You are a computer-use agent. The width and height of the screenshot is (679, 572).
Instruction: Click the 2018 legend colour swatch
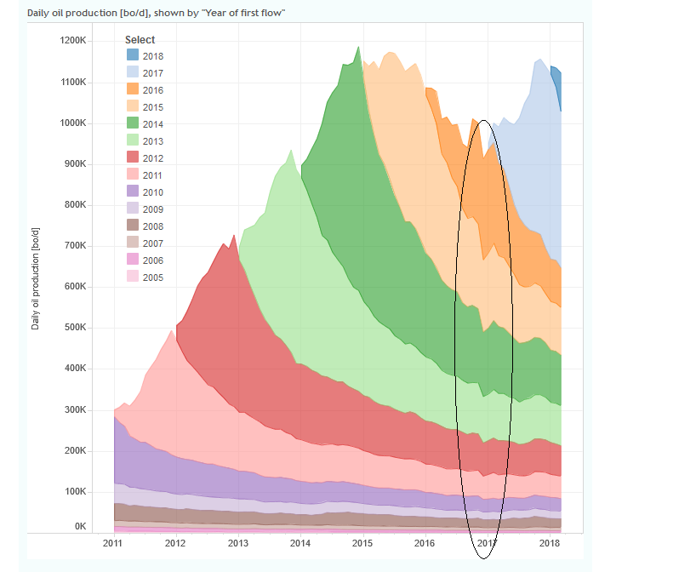pyautogui.click(x=133, y=56)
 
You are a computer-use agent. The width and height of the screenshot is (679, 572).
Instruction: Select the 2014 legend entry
pyautogui.click(x=153, y=124)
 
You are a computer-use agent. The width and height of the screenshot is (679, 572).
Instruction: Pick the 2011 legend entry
pyautogui.click(x=153, y=175)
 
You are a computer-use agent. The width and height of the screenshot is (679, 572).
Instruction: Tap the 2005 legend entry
pyautogui.click(x=153, y=277)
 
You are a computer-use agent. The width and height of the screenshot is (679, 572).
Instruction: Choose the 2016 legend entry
pyautogui.click(x=153, y=90)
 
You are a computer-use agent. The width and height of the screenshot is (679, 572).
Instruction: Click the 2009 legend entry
pyautogui.click(x=153, y=209)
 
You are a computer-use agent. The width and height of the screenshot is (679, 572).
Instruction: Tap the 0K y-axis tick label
pyautogui.click(x=80, y=527)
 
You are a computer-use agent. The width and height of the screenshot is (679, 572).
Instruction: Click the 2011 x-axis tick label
pyautogui.click(x=113, y=543)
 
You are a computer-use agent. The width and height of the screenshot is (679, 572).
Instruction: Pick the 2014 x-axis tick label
pyautogui.click(x=300, y=543)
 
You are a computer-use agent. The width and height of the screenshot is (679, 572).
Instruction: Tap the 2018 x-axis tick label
pyautogui.click(x=550, y=543)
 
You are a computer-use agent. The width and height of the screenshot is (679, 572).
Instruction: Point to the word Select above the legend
pyautogui.click(x=140, y=40)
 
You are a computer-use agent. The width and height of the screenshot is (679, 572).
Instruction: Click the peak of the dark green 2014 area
pyautogui.click(x=358, y=48)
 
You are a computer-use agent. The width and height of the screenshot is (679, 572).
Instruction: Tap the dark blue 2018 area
pyautogui.click(x=556, y=82)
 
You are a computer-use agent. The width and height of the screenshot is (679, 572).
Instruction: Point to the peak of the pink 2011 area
pyautogui.click(x=173, y=331)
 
